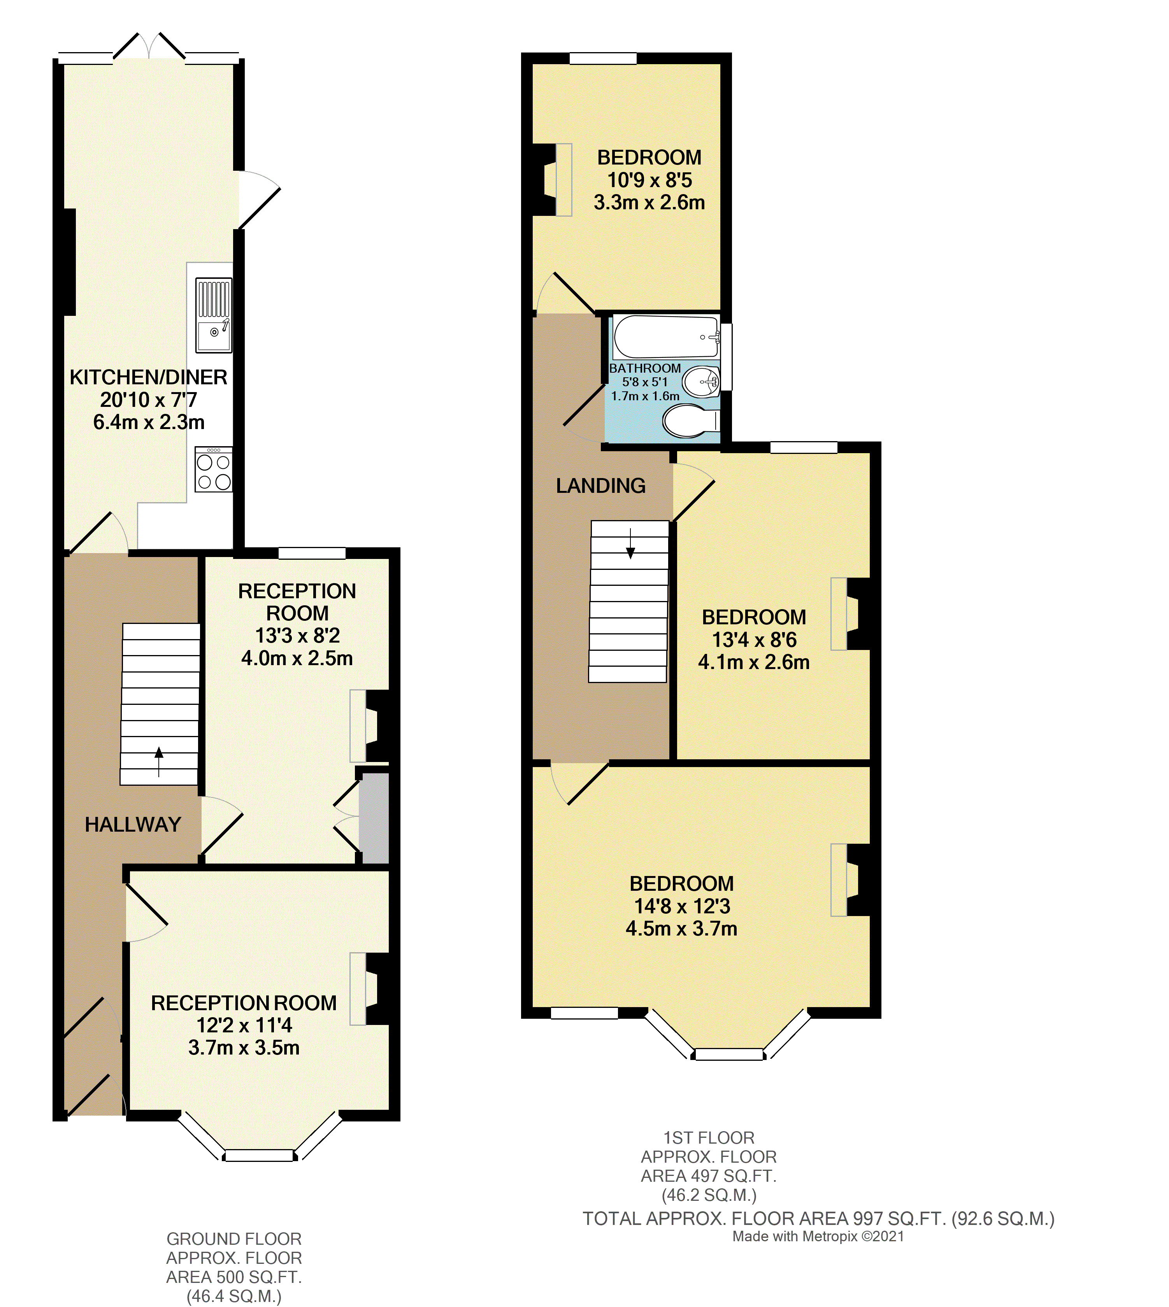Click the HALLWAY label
(133, 824)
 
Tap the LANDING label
(600, 486)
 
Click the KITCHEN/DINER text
(148, 377)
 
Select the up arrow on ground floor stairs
(159, 761)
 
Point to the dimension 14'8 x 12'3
(681, 906)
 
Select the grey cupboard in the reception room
(374, 818)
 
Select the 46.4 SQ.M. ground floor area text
(234, 1295)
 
